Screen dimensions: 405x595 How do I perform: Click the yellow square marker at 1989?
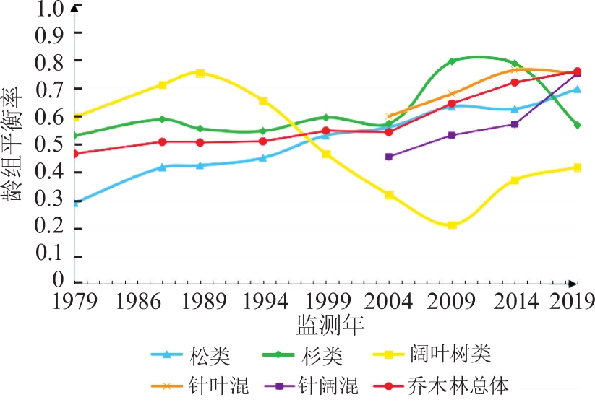pyautogui.click(x=200, y=73)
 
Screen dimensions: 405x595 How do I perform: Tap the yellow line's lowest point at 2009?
pyautogui.click(x=452, y=225)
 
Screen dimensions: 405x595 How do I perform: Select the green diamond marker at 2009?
pyautogui.click(x=452, y=61)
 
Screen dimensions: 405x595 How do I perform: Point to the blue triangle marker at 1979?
pyautogui.click(x=76, y=203)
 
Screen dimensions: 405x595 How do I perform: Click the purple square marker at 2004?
pyautogui.click(x=389, y=156)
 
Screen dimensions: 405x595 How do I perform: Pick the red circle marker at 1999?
pyautogui.click(x=325, y=131)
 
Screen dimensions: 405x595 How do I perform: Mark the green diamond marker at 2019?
pyautogui.click(x=577, y=125)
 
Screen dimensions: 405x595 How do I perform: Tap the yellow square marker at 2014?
pyautogui.click(x=515, y=180)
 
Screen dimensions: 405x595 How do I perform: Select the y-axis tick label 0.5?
pyautogui.click(x=52, y=144)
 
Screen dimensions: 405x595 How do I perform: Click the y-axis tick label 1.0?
pyautogui.click(x=52, y=9)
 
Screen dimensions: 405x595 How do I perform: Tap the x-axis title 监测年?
pyautogui.click(x=330, y=324)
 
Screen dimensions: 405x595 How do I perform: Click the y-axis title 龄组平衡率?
pyautogui.click(x=14, y=144)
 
